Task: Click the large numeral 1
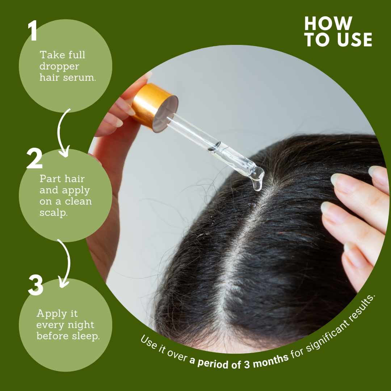pyautogui.click(x=33, y=30)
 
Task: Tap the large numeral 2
pyautogui.click(x=34, y=158)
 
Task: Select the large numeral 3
pyautogui.click(x=35, y=285)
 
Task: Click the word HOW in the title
pyautogui.click(x=328, y=24)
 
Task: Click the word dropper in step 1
pyautogui.click(x=59, y=67)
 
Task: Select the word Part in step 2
pyautogui.click(x=50, y=179)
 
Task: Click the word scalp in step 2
pyautogui.click(x=53, y=213)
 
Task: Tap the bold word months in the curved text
pyautogui.click(x=271, y=361)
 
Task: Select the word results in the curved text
pyautogui.click(x=362, y=308)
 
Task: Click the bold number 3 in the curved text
pyautogui.click(x=247, y=364)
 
